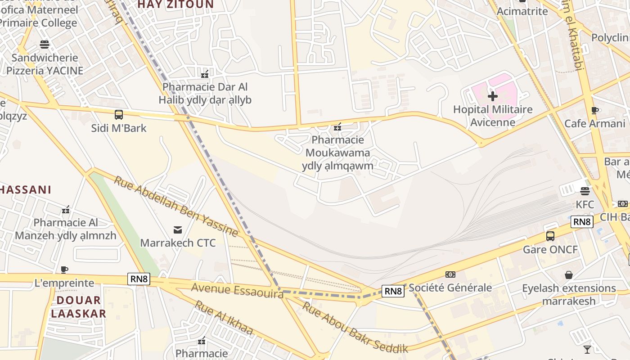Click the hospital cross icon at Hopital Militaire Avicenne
tap(493, 96)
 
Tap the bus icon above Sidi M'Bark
tap(119, 115)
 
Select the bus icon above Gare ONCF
tap(550, 236)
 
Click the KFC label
tap(585, 205)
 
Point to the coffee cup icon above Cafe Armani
tap(594, 110)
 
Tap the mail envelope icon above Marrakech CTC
tap(178, 230)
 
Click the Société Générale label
tap(450, 288)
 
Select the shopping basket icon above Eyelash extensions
tap(569, 274)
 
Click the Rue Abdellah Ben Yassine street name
tap(175, 206)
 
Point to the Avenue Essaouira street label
tap(237, 290)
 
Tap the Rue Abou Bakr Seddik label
tap(355, 328)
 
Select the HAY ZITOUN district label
tap(175, 4)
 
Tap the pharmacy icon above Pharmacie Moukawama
tap(337, 127)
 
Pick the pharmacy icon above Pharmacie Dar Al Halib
tap(205, 74)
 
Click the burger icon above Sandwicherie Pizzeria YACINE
tap(45, 44)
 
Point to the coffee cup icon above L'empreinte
tap(64, 270)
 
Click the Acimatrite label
tap(522, 11)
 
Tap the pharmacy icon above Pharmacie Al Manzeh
tap(66, 210)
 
